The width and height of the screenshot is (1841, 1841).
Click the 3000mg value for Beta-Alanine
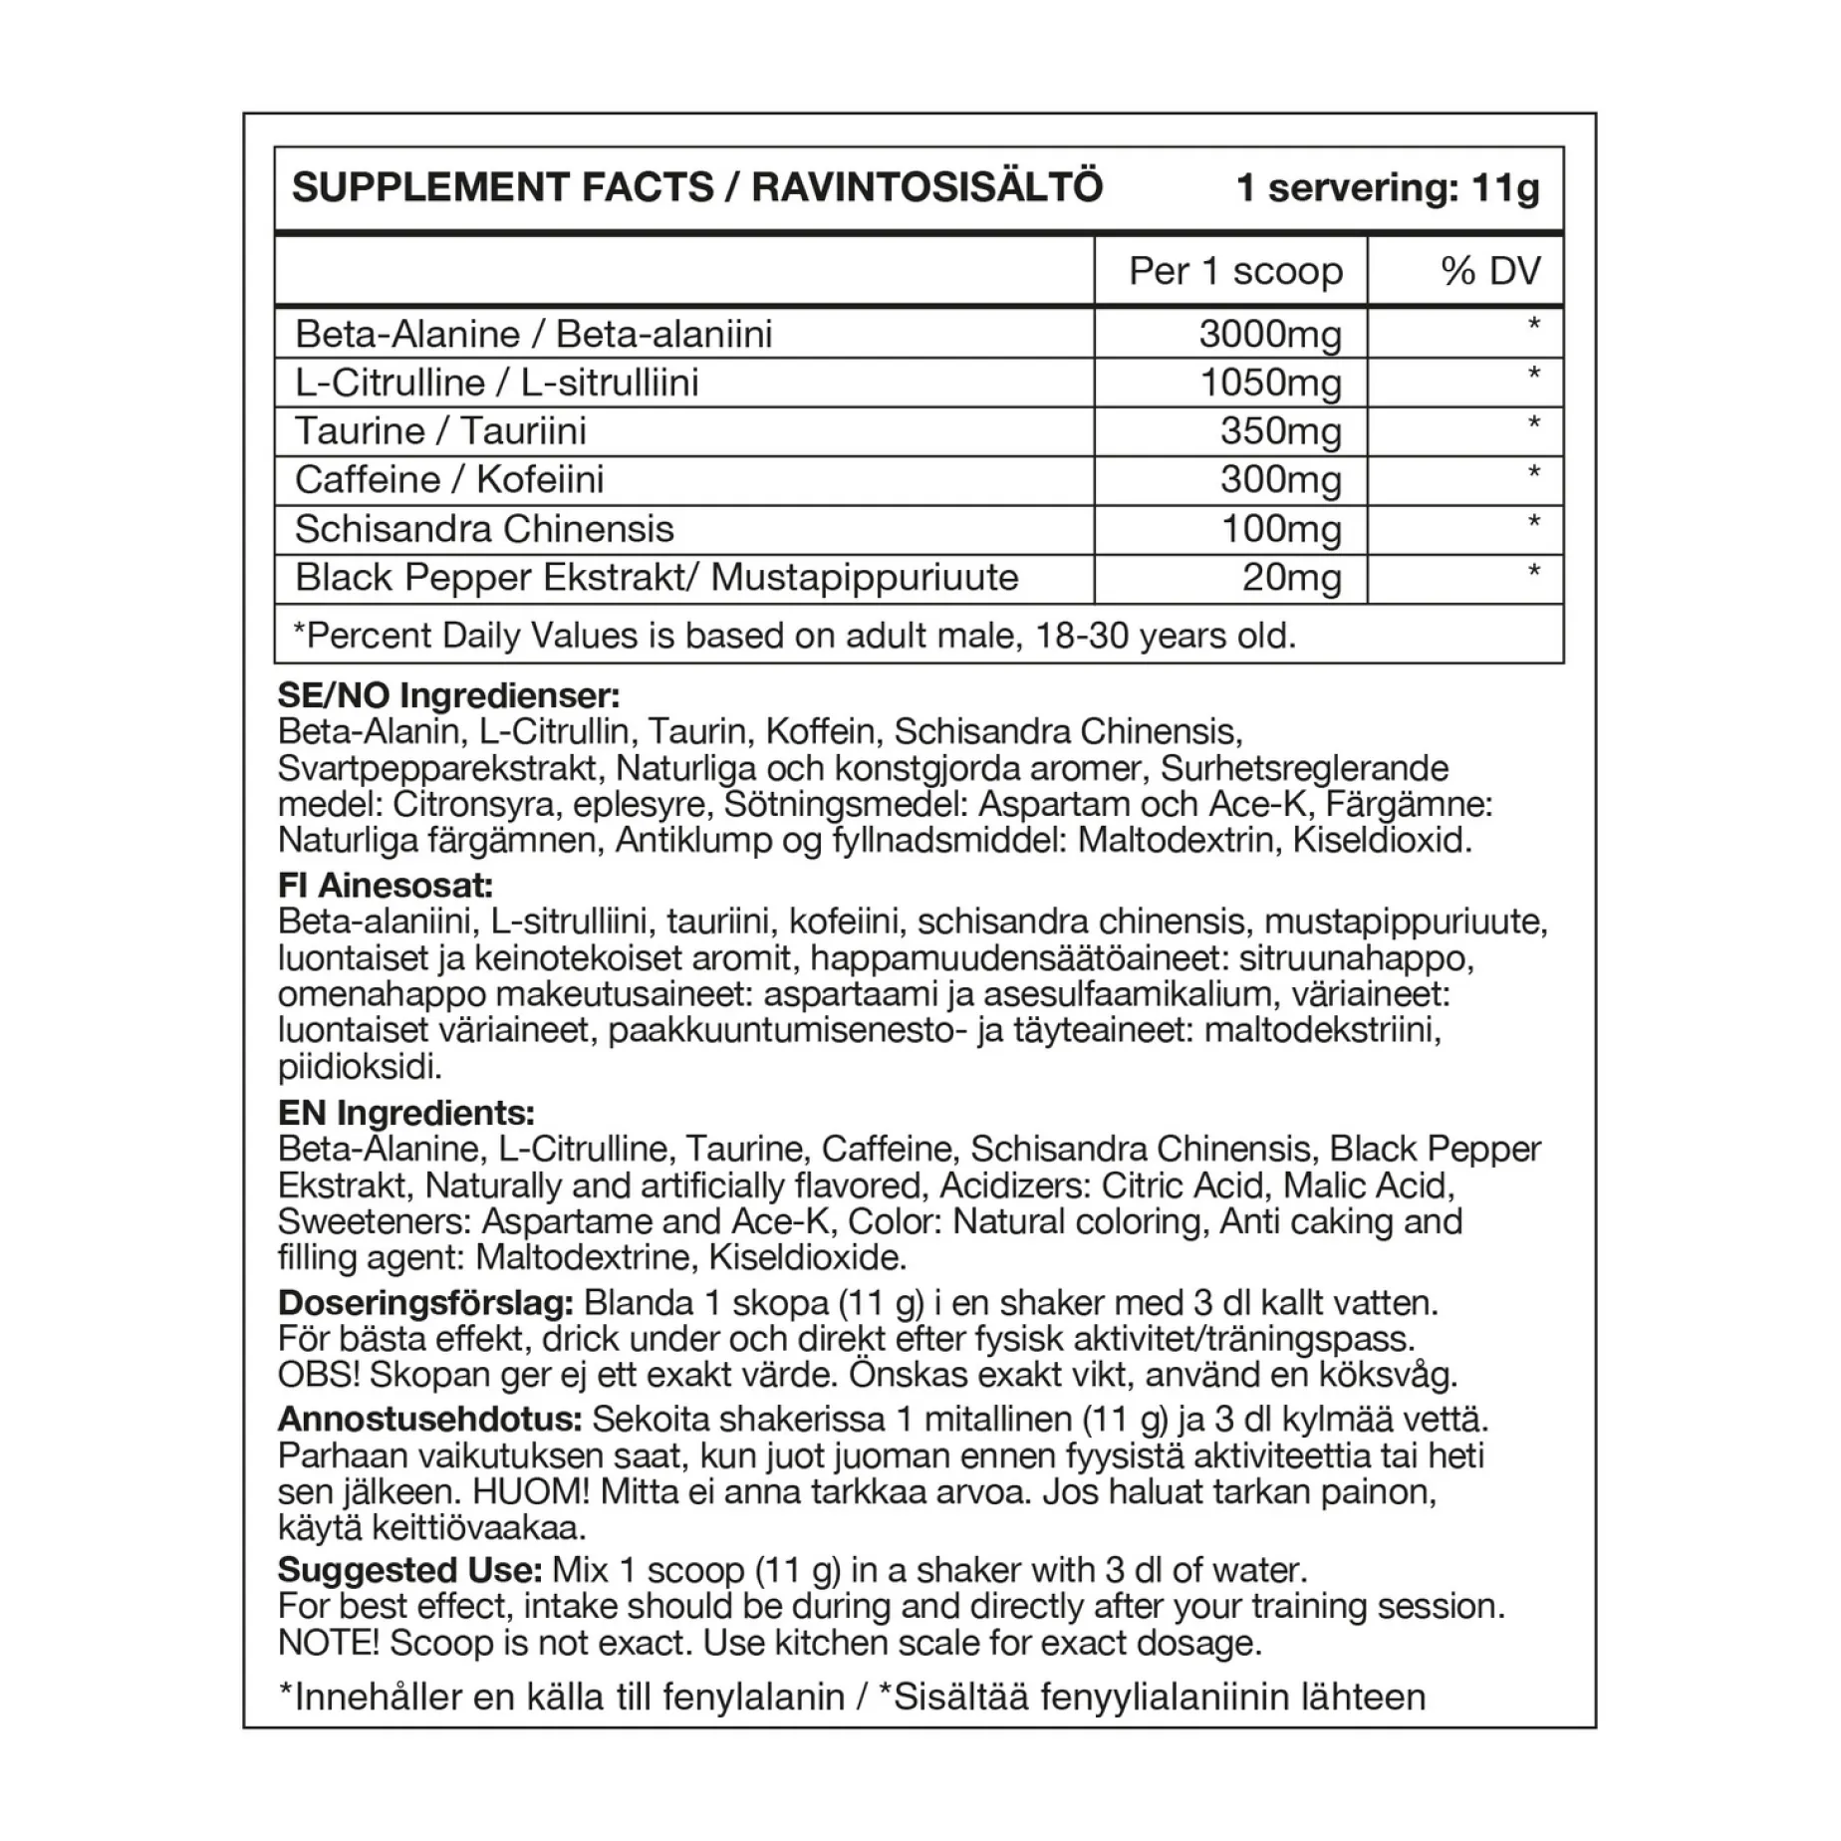coord(1270,335)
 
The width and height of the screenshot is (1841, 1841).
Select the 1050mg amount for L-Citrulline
coord(1270,384)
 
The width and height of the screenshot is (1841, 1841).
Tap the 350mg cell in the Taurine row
coord(1280,432)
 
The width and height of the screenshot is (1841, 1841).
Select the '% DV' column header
coord(1490,271)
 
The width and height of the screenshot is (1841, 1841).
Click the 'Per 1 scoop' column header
coord(1235,271)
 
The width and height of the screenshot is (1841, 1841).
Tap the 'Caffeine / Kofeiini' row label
coord(449,480)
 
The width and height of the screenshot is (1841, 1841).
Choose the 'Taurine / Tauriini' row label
coord(440,431)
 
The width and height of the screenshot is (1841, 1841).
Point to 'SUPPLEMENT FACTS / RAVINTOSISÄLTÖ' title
coord(697,188)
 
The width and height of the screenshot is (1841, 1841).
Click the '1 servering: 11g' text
coord(1387,188)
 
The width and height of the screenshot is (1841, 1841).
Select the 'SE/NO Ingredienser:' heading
coord(448,696)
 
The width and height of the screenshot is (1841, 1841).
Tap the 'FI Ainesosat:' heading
coord(386,886)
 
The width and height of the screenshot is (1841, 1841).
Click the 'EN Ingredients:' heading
coord(406,1113)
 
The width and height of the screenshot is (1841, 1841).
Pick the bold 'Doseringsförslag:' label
coord(425,1303)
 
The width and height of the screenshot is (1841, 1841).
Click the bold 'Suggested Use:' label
coord(409,1571)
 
